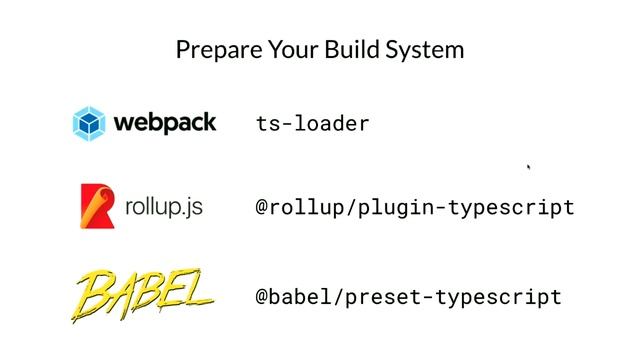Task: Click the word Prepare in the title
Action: (219, 50)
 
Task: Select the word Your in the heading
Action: (293, 49)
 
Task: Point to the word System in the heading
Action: (424, 50)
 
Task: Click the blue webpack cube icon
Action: (89, 123)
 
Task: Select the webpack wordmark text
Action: (165, 123)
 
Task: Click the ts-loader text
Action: (313, 124)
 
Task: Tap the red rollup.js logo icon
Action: (97, 206)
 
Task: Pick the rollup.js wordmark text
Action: (164, 207)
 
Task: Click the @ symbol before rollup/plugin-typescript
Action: (262, 207)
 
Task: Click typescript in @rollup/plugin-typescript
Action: (511, 208)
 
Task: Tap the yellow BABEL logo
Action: (142, 295)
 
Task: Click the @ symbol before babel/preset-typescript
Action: (262, 297)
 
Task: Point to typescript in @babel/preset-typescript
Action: (499, 297)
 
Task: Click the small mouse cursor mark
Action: (529, 167)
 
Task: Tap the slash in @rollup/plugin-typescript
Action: (352, 207)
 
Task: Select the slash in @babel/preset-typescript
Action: (340, 297)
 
